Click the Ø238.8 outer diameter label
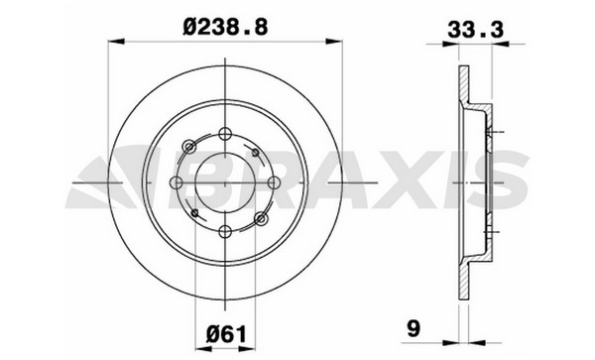pos(225,28)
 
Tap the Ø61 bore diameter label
pos(226,334)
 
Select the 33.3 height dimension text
pos(475,30)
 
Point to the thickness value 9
pos(414,328)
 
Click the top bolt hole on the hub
pos(225,134)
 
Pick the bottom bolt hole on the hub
pos(225,231)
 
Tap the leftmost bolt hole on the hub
pos(177,182)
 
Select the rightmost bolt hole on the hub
pos(274,182)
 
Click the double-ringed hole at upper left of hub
pos(189,147)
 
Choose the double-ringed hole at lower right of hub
pos(261,218)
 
